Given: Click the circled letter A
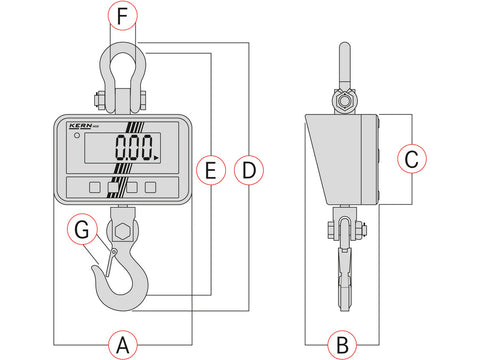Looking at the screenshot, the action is (123, 345).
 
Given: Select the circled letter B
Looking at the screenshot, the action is (342, 345).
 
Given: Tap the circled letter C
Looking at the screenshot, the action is (412, 159).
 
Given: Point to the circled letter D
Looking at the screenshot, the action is (249, 170).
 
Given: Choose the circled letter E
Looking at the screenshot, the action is (211, 170).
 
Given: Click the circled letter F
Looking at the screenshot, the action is (123, 15).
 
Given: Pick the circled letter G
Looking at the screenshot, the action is (82, 230).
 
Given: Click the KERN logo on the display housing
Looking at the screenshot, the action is (81, 126).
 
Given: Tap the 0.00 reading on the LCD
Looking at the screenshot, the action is (134, 147).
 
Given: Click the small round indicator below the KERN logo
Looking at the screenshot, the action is (77, 135).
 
